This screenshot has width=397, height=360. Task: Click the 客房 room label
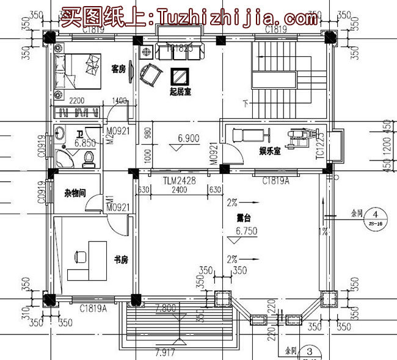[118, 70]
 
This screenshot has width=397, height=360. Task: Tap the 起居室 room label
[180, 93]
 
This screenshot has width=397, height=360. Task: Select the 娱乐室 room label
[269, 151]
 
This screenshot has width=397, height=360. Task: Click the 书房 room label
[120, 259]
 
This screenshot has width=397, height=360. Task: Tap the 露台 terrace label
[245, 217]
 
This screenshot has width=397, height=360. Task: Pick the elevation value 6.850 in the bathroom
[85, 143]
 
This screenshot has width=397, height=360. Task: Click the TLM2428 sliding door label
[179, 181]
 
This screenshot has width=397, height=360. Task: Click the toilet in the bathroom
[89, 158]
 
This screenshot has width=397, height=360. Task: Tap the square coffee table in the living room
[180, 76]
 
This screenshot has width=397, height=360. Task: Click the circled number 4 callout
[377, 215]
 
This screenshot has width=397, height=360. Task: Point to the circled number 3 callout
[310, 351]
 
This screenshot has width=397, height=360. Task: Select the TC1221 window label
[319, 146]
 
